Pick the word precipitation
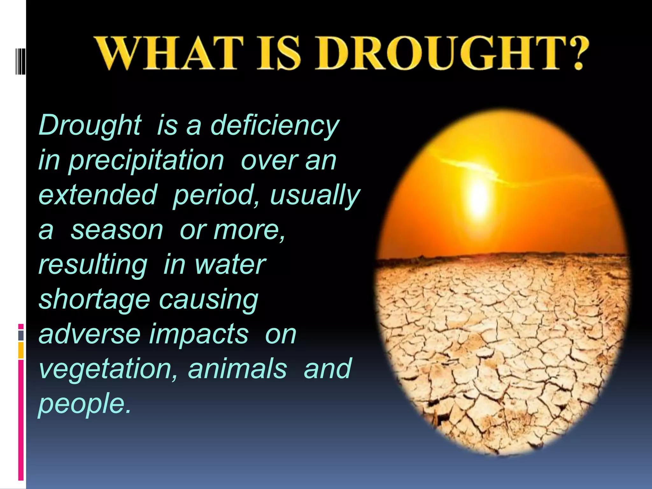coord(146,161)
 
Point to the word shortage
coord(94,300)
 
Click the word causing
coord(209,300)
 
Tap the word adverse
coord(89,334)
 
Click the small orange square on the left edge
coord(21,350)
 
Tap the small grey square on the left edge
coord(21,335)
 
